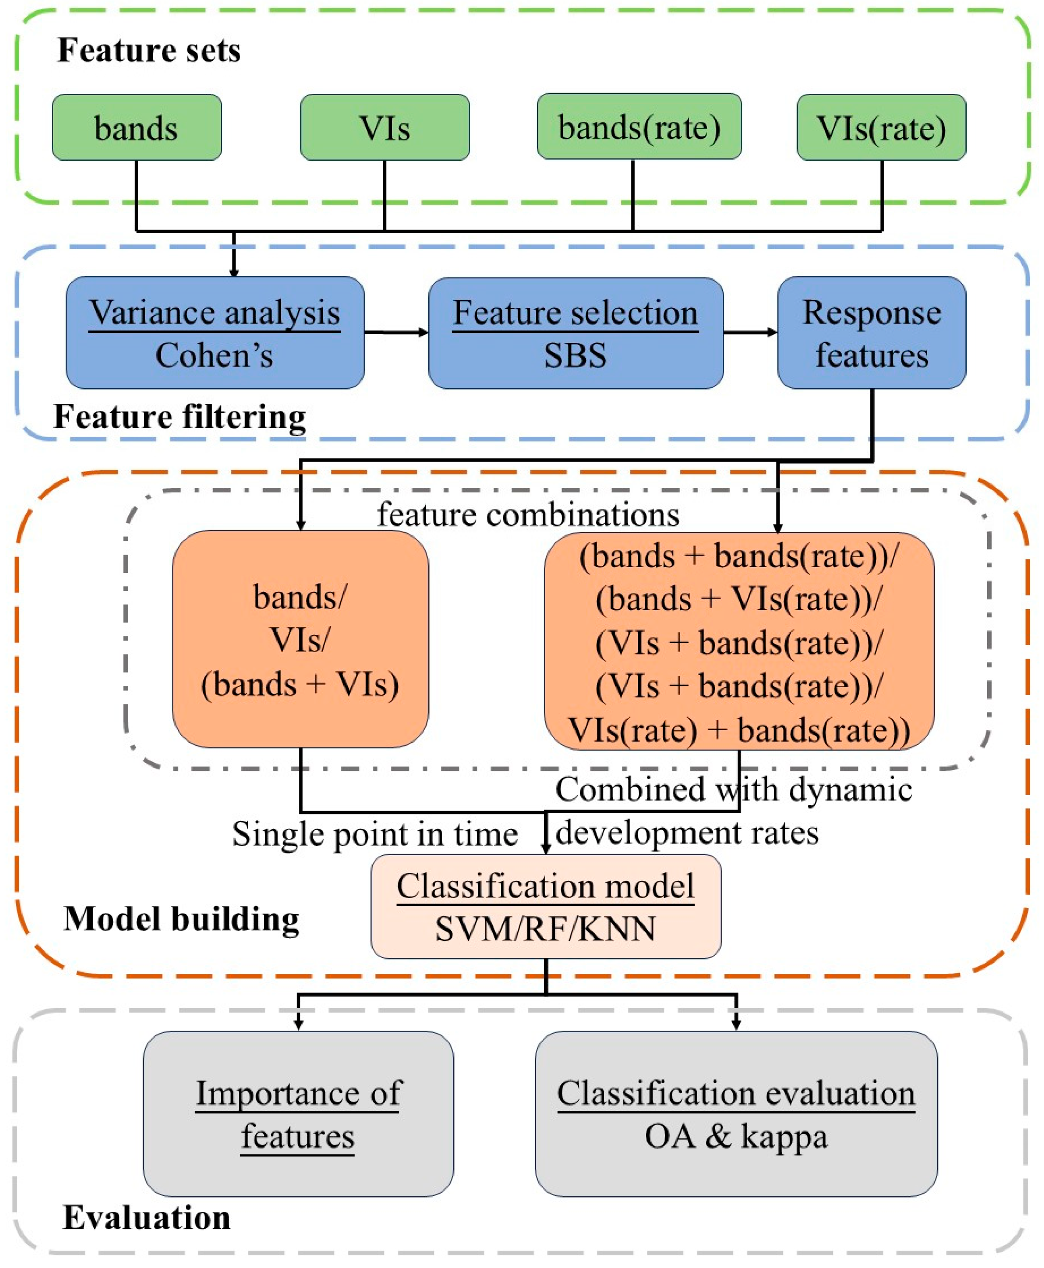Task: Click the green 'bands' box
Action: (137, 127)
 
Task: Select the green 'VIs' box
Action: (384, 127)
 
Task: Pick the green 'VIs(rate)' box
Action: (881, 127)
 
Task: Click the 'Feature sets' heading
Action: (149, 50)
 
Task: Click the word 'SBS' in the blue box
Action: (575, 355)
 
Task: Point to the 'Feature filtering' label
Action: (179, 416)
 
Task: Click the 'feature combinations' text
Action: (528, 515)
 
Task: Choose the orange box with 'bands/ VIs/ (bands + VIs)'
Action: (300, 639)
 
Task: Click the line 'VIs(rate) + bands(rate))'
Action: (739, 731)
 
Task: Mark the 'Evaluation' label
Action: (146, 1218)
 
